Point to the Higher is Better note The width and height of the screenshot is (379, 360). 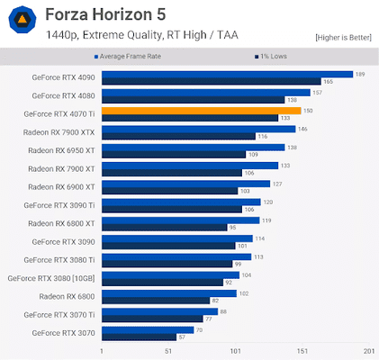pyautogui.click(x=342, y=37)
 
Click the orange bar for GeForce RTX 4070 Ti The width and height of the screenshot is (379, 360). pyautogui.click(x=201, y=111)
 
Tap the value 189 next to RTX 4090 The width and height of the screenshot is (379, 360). pyautogui.click(x=360, y=74)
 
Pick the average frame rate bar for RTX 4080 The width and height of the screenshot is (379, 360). pyautogui.click(x=205, y=92)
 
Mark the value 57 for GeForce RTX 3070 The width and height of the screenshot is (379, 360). pyautogui.click(x=183, y=337)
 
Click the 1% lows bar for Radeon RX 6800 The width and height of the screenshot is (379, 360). pyautogui.click(x=155, y=300)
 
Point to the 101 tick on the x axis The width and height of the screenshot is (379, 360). pyautogui.click(x=235, y=351)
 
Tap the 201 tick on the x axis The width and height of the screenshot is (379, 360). pyautogui.click(x=368, y=351)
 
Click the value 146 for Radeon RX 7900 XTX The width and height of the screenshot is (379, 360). pyautogui.click(x=302, y=129)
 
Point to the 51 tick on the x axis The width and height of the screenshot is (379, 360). pyautogui.click(x=168, y=351)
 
